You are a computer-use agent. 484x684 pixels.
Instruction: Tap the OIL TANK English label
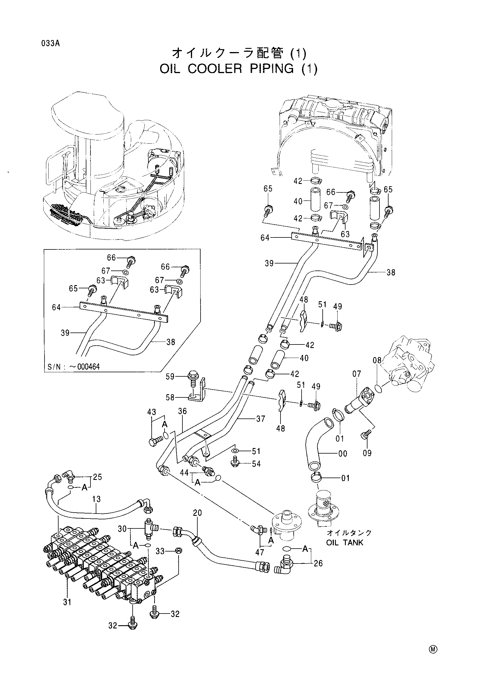(345, 542)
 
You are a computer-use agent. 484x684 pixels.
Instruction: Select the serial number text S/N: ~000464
(73, 367)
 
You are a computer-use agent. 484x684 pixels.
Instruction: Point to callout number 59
(170, 377)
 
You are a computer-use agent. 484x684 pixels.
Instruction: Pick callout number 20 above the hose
(197, 513)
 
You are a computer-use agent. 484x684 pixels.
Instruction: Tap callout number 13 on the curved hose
(96, 499)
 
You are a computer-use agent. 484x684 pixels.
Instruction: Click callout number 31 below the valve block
(67, 602)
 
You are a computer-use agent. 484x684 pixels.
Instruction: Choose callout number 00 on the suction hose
(343, 454)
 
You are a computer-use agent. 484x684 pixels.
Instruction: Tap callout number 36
(182, 411)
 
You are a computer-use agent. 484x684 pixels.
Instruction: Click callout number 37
(261, 419)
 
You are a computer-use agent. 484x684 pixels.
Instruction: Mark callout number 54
(256, 464)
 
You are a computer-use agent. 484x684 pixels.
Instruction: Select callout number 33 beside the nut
(160, 551)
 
